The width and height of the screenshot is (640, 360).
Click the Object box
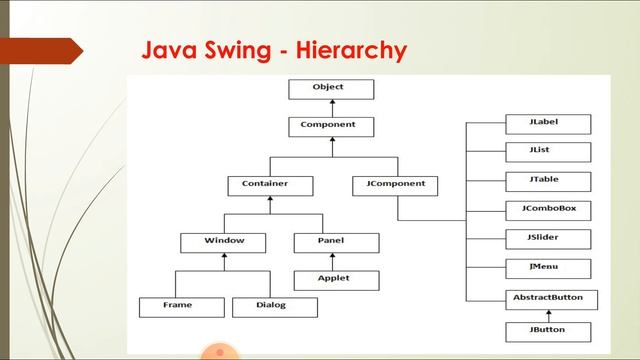pyautogui.click(x=328, y=89)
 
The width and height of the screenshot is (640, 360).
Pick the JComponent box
pyautogui.click(x=397, y=185)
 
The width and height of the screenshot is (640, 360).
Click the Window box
pyautogui.click(x=223, y=242)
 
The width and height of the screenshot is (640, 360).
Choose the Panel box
pyautogui.click(x=336, y=242)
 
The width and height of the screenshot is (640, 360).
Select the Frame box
pyautogui.click(x=178, y=306)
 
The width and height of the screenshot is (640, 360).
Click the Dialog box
pyautogui.click(x=271, y=306)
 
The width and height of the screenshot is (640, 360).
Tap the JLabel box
pyautogui.click(x=546, y=123)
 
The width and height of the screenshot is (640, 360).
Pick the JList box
pyautogui.click(x=546, y=152)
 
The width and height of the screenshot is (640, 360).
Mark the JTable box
pyautogui.click(x=546, y=181)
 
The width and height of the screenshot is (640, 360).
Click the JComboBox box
pyautogui.click(x=546, y=210)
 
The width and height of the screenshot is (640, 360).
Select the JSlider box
pyautogui.click(x=546, y=239)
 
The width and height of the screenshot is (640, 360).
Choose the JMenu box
pyautogui.click(x=546, y=268)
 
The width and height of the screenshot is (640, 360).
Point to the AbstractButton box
pyautogui.click(x=546, y=299)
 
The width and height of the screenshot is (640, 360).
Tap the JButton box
pyautogui.click(x=546, y=331)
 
